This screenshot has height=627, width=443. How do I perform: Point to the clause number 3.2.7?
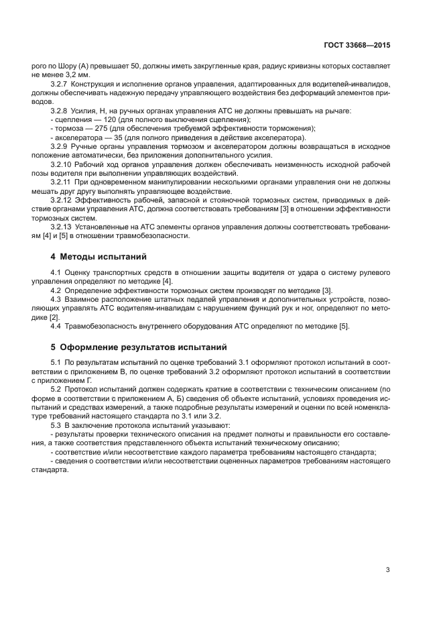click(x=61, y=84)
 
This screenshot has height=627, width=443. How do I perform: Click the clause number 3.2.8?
click(x=61, y=110)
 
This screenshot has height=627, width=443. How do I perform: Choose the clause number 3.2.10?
click(x=63, y=163)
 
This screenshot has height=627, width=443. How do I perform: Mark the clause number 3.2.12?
click(x=63, y=198)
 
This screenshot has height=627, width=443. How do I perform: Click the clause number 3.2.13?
click(x=63, y=225)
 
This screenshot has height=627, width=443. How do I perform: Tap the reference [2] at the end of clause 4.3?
click(x=53, y=316)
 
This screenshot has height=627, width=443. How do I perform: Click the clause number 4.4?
click(x=56, y=325)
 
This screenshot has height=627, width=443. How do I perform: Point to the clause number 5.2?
click(x=56, y=388)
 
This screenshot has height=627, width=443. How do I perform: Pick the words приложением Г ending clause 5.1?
click(x=64, y=380)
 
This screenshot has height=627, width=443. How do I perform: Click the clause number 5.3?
click(x=56, y=424)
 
